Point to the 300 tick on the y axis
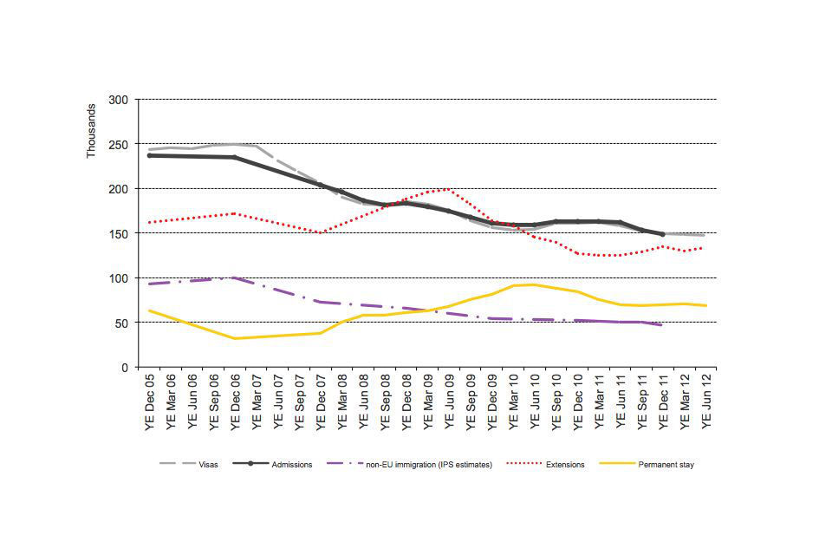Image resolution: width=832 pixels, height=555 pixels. [119, 100]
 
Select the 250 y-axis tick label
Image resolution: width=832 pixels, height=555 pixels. [119, 144]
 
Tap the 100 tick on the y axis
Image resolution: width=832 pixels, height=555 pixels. [119, 278]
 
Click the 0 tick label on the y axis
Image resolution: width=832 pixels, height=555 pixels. [125, 368]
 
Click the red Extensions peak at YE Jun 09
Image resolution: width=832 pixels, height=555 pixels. [448, 188]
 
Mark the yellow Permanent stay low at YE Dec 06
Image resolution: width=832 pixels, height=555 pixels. [235, 338]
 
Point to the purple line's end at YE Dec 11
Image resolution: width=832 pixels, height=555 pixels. [662, 325]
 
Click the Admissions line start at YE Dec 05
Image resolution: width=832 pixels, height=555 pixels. [150, 155]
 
